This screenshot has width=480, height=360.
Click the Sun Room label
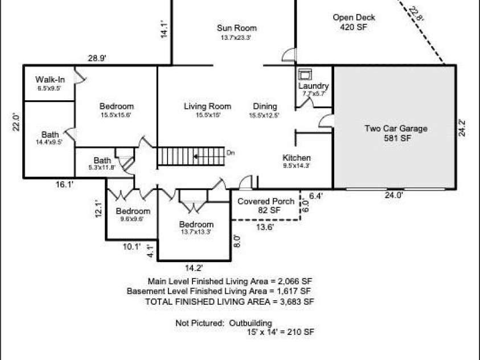[x=236, y=28]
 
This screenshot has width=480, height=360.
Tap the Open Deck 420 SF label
[x=354, y=22]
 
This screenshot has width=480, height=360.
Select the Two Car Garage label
[x=396, y=129]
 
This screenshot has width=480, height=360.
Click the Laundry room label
[x=313, y=86]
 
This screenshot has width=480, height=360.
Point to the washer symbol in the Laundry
[x=305, y=73]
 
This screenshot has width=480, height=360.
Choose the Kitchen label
[x=297, y=158]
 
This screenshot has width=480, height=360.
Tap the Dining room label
[x=265, y=107]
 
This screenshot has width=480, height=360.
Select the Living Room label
[x=207, y=107]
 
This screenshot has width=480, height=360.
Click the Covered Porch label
[x=266, y=202]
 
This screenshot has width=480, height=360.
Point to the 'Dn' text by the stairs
[x=231, y=153]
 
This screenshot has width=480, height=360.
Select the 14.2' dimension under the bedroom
[x=194, y=267]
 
